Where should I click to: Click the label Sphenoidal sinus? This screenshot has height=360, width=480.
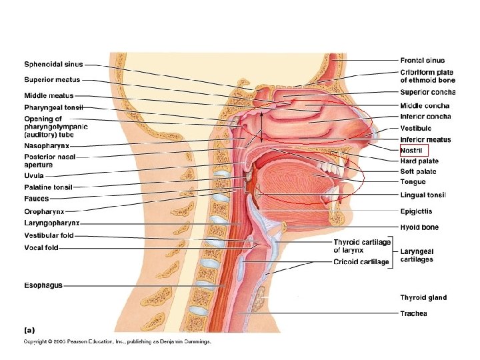coord(53,65)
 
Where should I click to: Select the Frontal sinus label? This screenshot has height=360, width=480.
coord(423,61)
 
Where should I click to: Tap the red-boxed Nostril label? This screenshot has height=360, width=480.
coord(411,151)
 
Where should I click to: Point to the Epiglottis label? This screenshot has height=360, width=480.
coord(416,211)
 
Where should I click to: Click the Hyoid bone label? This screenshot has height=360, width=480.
coord(419,227)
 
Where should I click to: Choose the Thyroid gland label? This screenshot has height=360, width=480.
coord(423,297)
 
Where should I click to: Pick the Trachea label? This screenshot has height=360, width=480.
coord(413,313)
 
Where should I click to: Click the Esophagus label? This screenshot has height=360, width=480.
coord(43,285)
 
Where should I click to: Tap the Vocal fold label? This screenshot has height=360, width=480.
coord(41,247)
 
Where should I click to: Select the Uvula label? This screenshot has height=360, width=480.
coord(34,175)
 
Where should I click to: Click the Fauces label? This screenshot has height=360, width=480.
coord(37,199)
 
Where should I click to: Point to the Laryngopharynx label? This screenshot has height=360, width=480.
coord(52,223)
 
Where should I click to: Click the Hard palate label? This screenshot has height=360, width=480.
coord(419,161)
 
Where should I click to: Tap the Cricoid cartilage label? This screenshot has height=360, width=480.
coord(361,262)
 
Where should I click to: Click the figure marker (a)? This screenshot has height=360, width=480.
coord(30,329)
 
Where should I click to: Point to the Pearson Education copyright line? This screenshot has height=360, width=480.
coord(117,341)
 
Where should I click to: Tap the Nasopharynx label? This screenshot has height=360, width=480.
coord(47,145)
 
